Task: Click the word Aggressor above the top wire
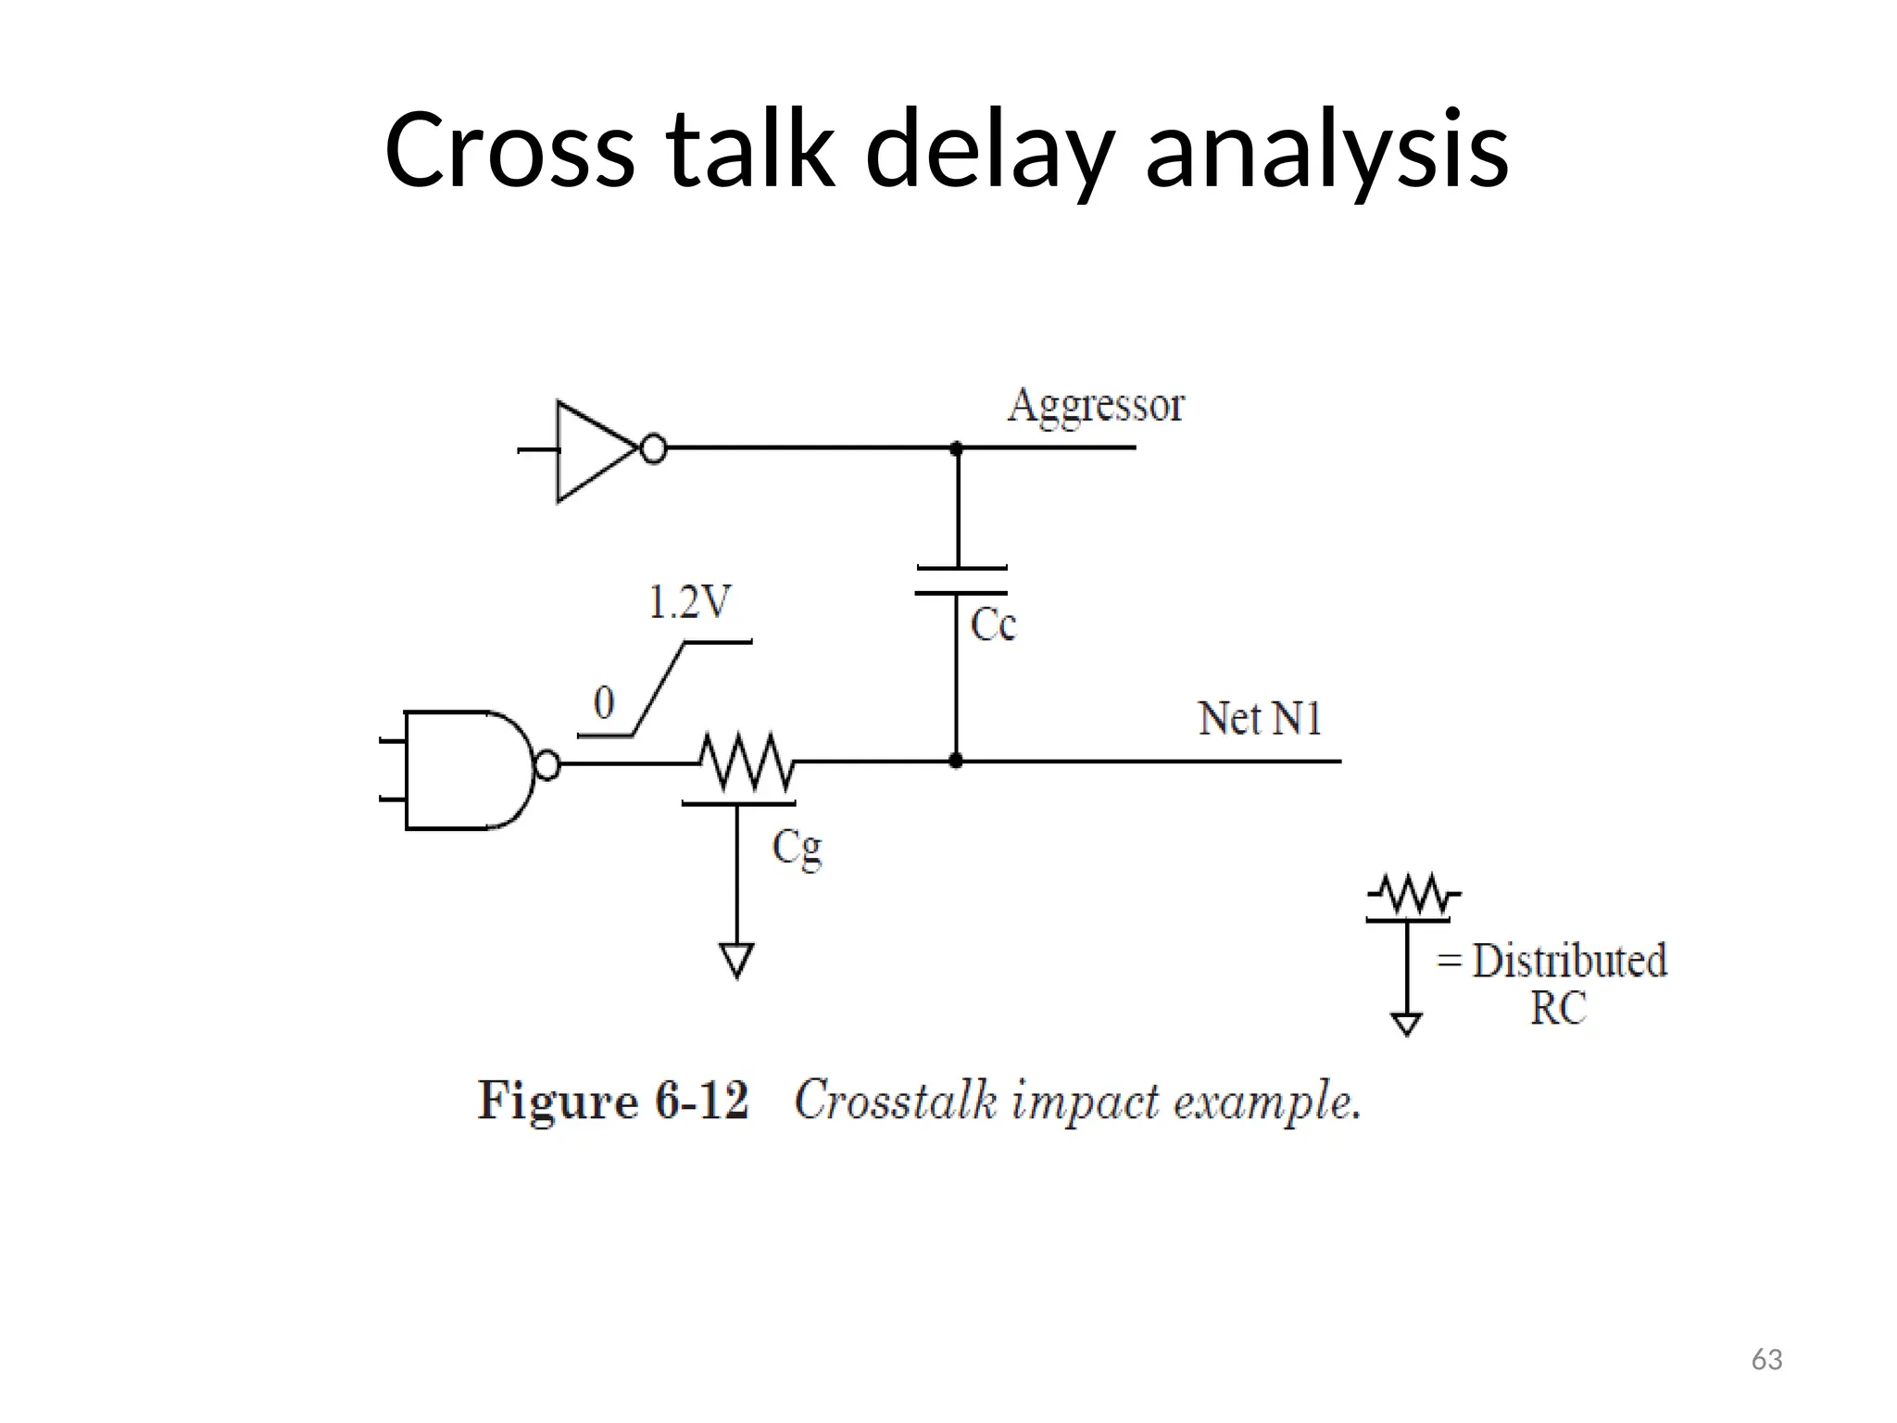(1096, 407)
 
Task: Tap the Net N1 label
(1260, 719)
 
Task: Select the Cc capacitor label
(993, 625)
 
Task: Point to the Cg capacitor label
(797, 848)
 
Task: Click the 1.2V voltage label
(689, 603)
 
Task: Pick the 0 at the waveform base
(604, 703)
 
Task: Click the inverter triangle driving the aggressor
(593, 451)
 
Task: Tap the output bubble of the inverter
(654, 450)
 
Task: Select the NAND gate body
(463, 770)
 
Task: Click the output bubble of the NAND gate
(547, 766)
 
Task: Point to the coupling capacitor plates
(961, 581)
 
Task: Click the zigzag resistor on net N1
(747, 762)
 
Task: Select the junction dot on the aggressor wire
(957, 448)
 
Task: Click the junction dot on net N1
(957, 762)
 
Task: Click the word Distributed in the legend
(1569, 961)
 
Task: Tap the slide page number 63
(1766, 1360)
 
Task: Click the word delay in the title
(987, 150)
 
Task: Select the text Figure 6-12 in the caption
(613, 1102)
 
